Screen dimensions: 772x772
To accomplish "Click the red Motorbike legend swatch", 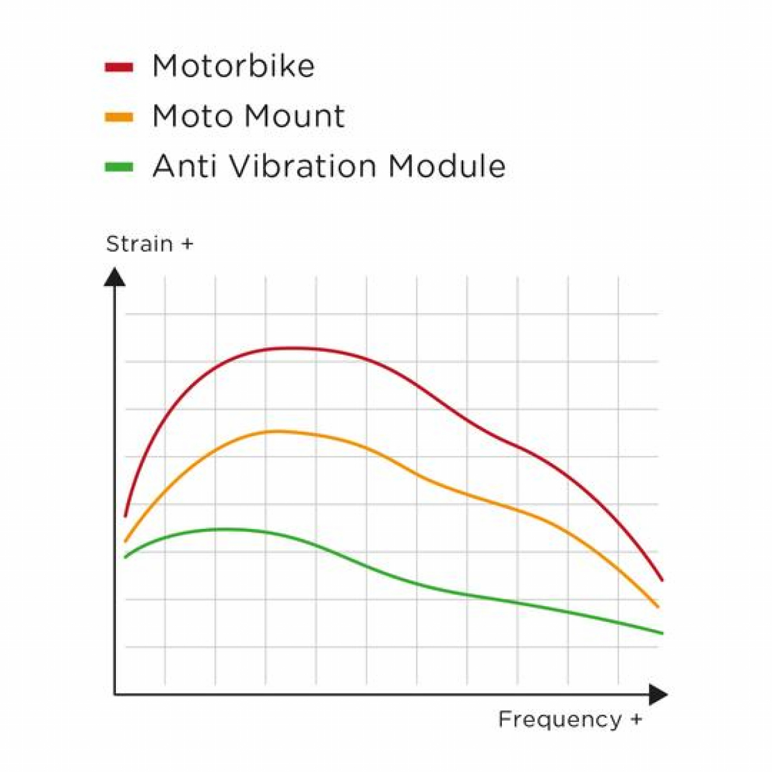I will (x=119, y=67).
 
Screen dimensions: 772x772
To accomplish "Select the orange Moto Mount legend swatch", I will (x=119, y=117).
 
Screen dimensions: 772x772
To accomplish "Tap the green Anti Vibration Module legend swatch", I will (x=119, y=167).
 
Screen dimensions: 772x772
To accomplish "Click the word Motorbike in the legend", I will (x=233, y=66).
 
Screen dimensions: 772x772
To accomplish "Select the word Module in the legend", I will (x=447, y=166).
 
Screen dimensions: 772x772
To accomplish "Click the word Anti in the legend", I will (x=185, y=166).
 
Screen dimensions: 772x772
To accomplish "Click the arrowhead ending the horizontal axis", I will (x=659, y=695).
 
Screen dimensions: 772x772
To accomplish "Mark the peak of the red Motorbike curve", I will (x=293, y=348).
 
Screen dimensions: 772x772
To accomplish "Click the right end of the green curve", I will (x=662, y=633).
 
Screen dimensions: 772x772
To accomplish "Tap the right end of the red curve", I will (x=662, y=580).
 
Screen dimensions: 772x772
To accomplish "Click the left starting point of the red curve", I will (x=125, y=516).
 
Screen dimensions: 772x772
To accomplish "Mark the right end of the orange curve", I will (x=658, y=607).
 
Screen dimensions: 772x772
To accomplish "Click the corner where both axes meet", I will (x=115, y=695).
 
